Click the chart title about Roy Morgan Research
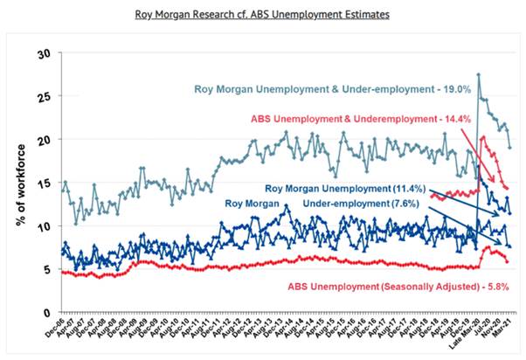pos(263,15)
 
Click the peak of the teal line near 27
pos(479,75)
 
